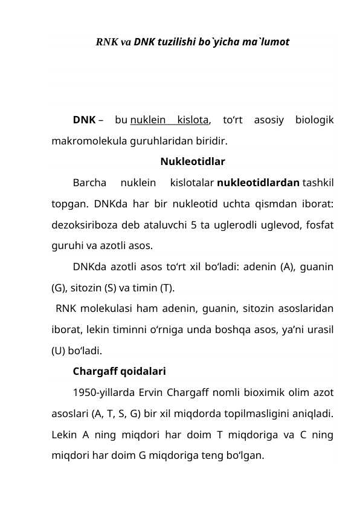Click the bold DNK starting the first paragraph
(83, 120)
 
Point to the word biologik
(314, 120)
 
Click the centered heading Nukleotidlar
(193, 161)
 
